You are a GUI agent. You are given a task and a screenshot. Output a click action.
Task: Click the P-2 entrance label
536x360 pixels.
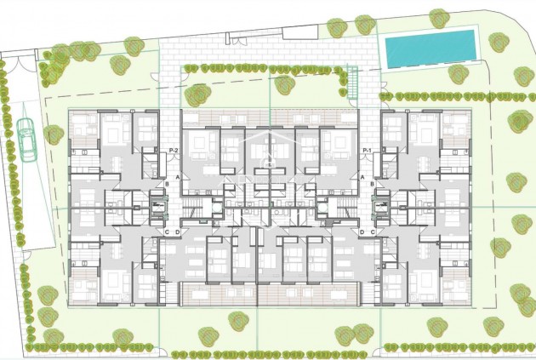pyautogui.click(x=173, y=151)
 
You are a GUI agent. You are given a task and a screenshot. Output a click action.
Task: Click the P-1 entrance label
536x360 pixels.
pyautogui.click(x=368, y=151)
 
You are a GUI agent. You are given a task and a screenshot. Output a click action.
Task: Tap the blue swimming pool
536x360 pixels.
pyautogui.click(x=429, y=49)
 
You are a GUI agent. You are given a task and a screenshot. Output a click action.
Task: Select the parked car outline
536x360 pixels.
pyautogui.click(x=26, y=140)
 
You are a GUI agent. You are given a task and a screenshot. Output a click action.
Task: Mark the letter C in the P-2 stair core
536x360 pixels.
pyautogui.click(x=167, y=231)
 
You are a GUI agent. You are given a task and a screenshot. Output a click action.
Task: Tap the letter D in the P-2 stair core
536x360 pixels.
pyautogui.click(x=177, y=231)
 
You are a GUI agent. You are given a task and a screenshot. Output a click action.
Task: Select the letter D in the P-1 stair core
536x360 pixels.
pyautogui.click(x=362, y=231)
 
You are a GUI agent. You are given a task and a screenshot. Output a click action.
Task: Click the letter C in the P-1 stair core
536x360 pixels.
pyautogui.click(x=372, y=231)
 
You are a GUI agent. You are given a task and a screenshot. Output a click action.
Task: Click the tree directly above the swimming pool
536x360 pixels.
pyautogui.click(x=439, y=17)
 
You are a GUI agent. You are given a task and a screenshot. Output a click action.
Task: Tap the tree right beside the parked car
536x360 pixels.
pyautogui.click(x=54, y=134)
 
